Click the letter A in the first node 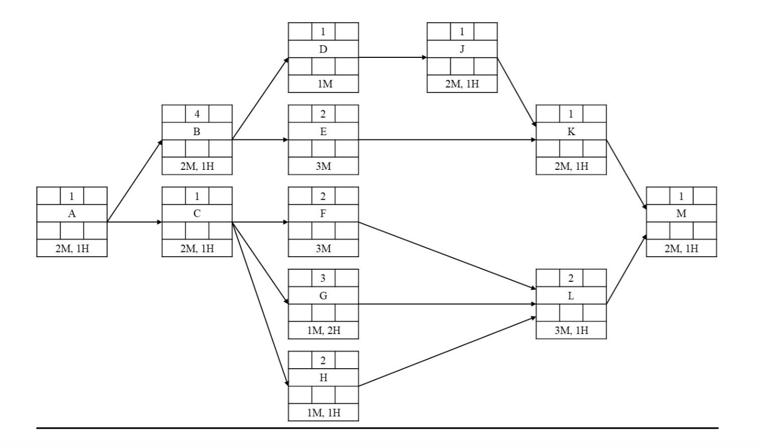click(72, 214)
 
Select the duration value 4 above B click(197, 114)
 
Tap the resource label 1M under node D click(323, 84)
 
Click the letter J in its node click(462, 49)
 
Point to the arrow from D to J click(392, 58)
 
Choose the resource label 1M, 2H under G click(323, 330)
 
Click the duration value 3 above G click(323, 278)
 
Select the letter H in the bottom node click(323, 378)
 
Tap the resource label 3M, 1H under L click(571, 330)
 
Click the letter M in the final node click(681, 214)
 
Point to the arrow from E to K click(447, 140)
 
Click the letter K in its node click(571, 132)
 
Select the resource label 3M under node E click(323, 166)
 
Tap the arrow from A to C click(135, 222)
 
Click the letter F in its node click(323, 214)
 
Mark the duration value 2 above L click(571, 278)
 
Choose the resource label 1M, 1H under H click(323, 413)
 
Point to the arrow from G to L click(447, 304)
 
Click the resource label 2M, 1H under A click(72, 248)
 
